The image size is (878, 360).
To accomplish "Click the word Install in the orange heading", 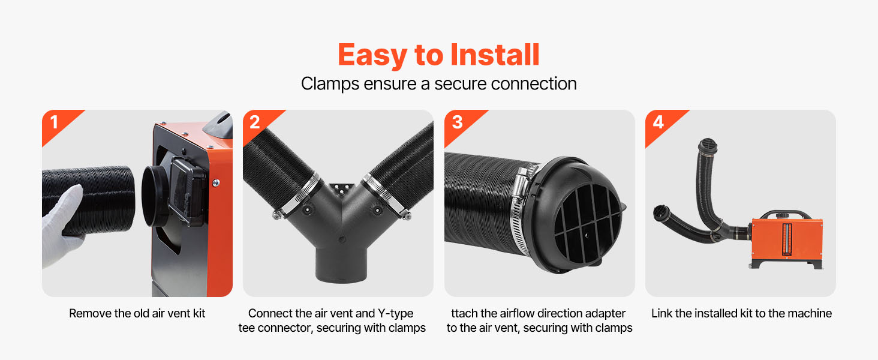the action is (x=495, y=55).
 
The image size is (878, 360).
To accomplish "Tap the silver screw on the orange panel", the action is (x=215, y=183).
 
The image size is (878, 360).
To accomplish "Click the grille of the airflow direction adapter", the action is (x=588, y=224).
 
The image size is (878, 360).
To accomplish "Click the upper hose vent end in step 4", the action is (x=708, y=146).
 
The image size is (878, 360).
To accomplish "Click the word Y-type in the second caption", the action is (x=395, y=313).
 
